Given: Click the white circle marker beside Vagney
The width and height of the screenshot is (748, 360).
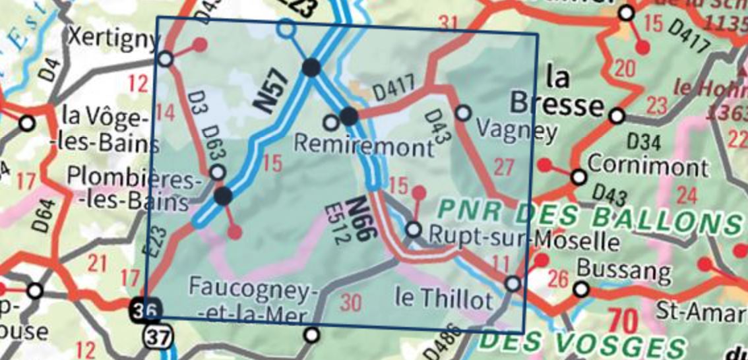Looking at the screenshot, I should click(x=464, y=113).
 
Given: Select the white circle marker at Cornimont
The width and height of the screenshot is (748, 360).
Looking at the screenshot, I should click(x=578, y=177).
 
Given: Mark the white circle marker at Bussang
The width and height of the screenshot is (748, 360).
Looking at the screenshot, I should click(x=581, y=289).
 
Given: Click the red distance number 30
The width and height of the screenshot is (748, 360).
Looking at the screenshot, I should click(x=352, y=303).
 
